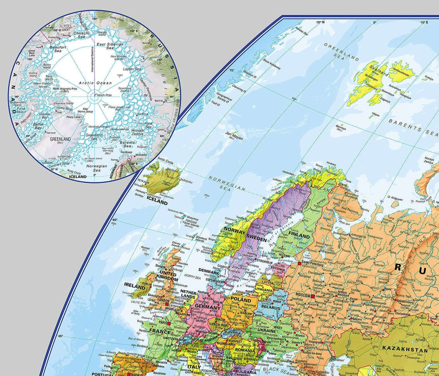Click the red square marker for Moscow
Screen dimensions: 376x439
click(313, 296)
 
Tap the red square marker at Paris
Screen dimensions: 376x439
click(169, 323)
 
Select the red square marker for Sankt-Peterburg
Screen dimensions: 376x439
click(299, 263)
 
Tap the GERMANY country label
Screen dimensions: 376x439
click(207, 308)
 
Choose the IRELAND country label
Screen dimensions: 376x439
click(135, 286)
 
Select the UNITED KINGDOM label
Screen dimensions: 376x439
click(168, 276)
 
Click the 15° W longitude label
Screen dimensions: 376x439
click(320, 22)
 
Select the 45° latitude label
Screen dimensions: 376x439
click(60, 336)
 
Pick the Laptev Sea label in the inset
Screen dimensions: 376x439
click(134, 69)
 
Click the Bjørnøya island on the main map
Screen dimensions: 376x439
click(342, 124)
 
